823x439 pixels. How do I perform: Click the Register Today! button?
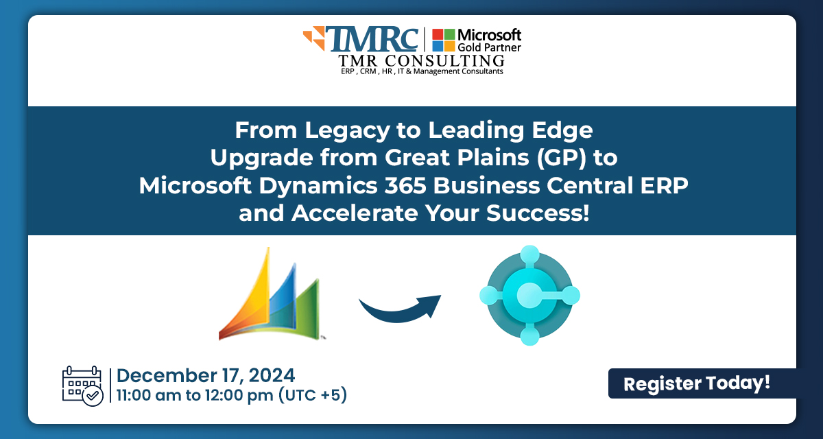coord(697,383)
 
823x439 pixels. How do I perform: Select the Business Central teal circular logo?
coord(529,296)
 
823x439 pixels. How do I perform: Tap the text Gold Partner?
coord(489,47)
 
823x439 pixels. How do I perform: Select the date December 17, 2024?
coord(206,375)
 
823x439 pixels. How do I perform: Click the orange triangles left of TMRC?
coord(315,39)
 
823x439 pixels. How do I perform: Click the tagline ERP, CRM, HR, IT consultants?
coord(412,72)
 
